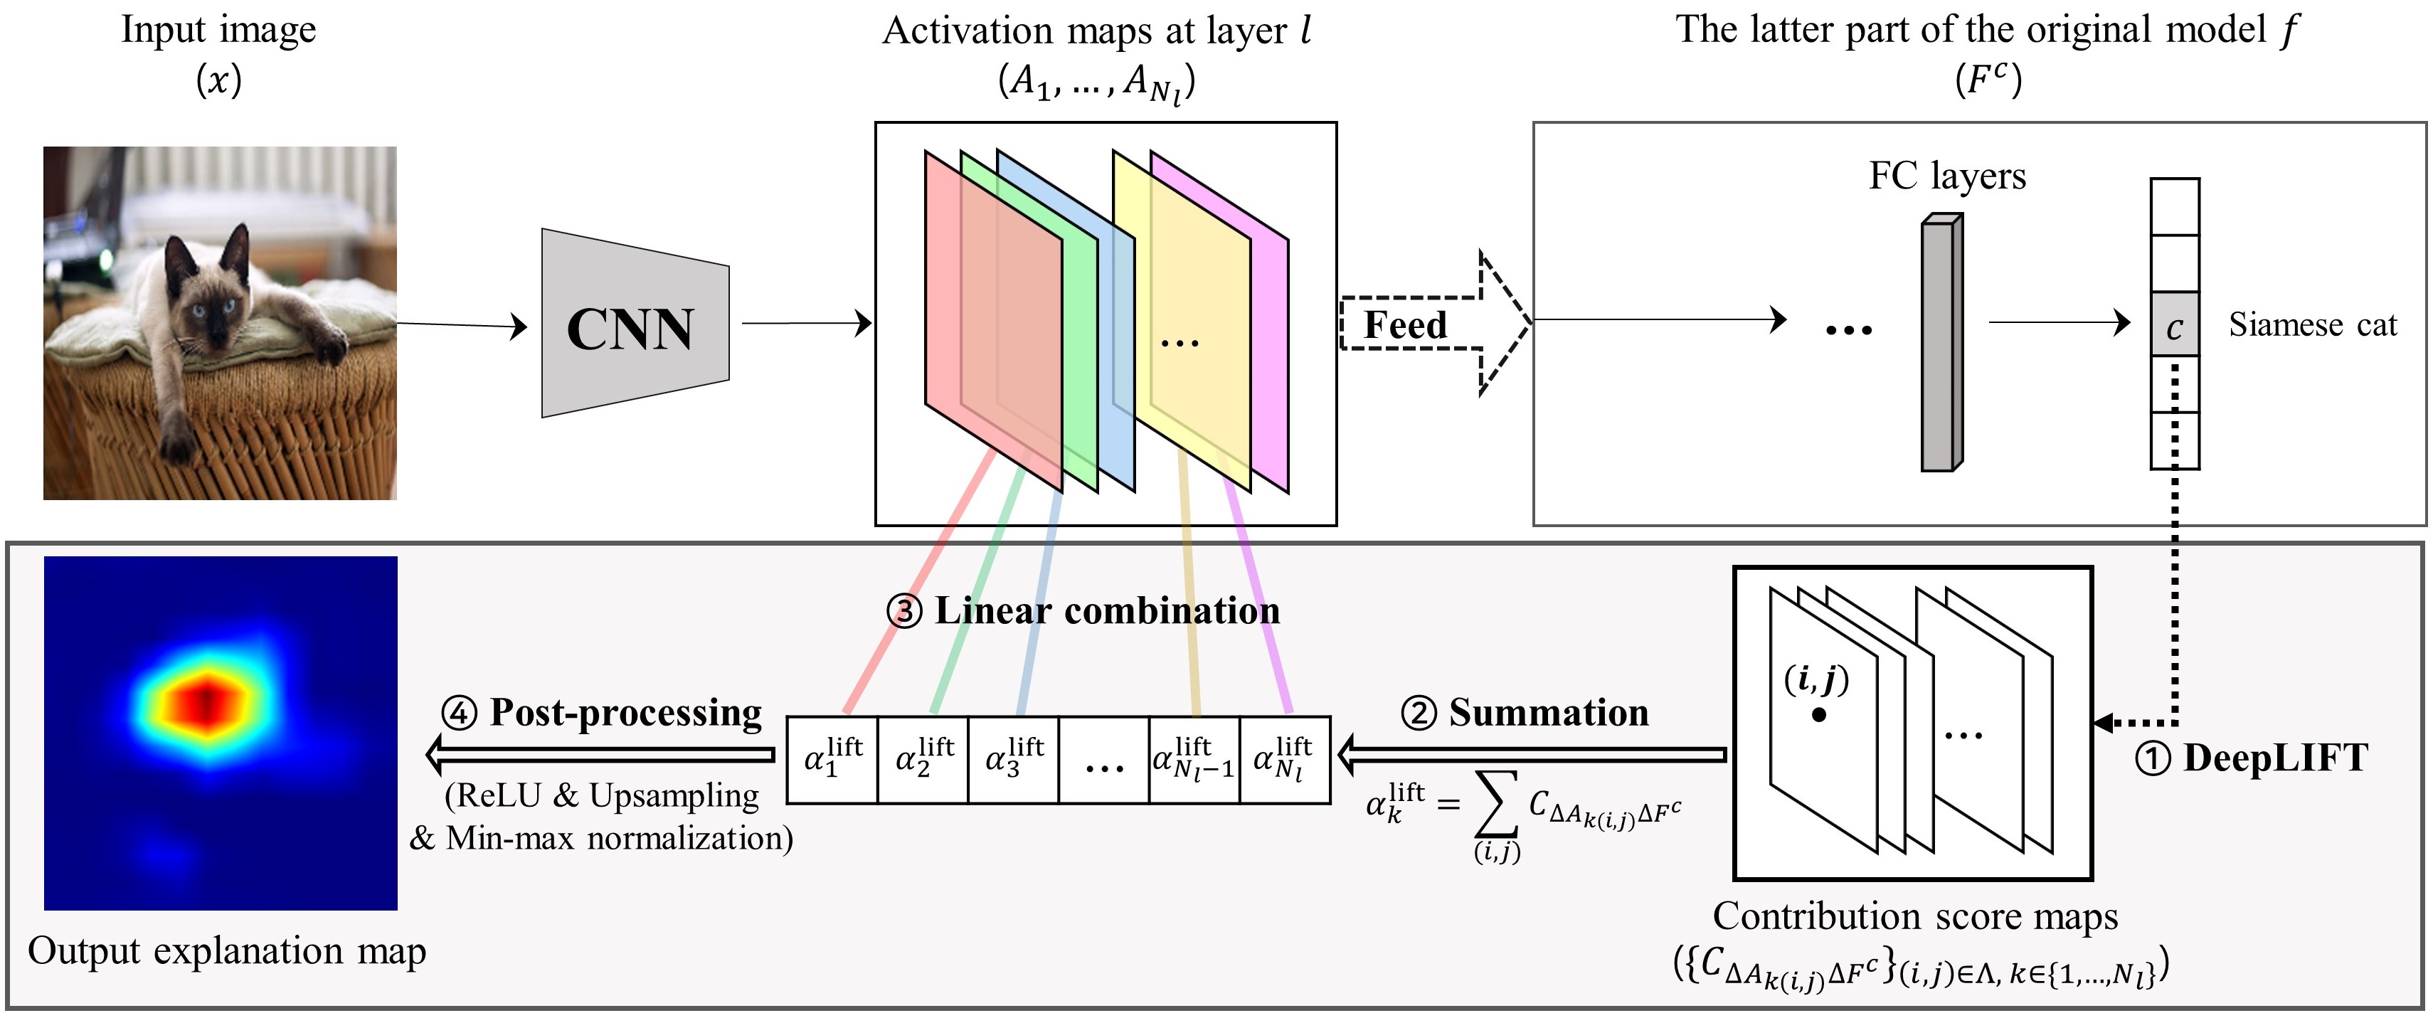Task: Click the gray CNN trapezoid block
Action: [635, 323]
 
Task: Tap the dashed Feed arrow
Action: [1436, 324]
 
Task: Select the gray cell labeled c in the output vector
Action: [2174, 324]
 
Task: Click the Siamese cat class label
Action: [2312, 325]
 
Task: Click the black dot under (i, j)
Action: [1818, 715]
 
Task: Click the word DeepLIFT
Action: [2276, 758]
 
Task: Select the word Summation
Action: [1549, 712]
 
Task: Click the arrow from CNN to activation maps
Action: [807, 323]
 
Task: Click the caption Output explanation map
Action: [227, 951]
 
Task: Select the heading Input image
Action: [218, 30]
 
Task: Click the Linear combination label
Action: [1107, 610]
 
